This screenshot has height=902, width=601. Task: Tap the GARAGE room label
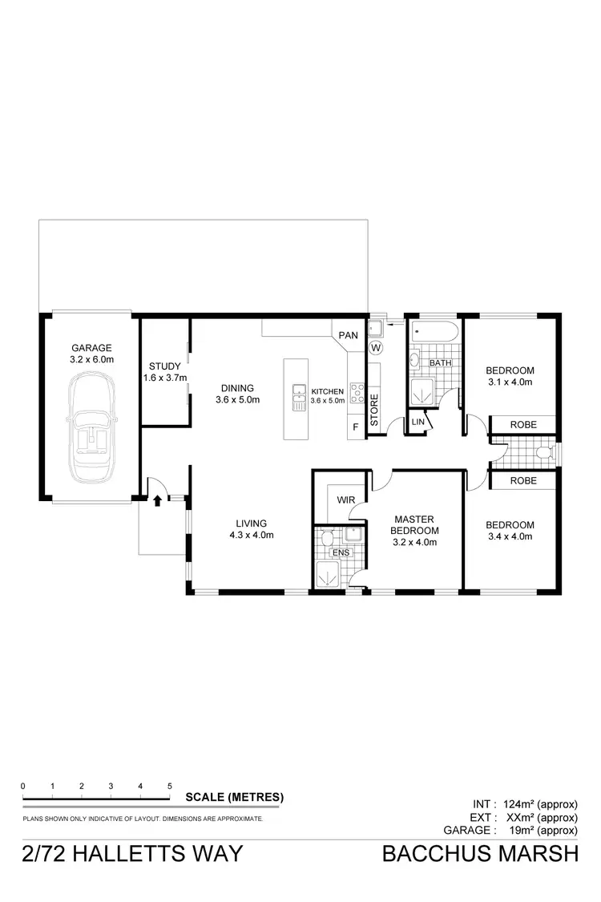(91, 348)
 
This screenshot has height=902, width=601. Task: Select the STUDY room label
(164, 366)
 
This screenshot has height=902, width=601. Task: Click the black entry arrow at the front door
(157, 500)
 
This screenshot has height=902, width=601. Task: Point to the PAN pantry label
(348, 334)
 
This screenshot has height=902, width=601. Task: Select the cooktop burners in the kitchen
(357, 394)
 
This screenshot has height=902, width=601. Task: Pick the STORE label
(373, 407)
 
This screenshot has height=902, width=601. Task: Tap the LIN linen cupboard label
(417, 422)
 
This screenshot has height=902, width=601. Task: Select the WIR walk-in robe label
(345, 500)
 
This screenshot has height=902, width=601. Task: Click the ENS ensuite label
(340, 553)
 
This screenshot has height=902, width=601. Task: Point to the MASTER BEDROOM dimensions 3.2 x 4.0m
(414, 542)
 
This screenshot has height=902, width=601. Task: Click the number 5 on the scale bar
(169, 786)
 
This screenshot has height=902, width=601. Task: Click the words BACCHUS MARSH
(479, 853)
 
